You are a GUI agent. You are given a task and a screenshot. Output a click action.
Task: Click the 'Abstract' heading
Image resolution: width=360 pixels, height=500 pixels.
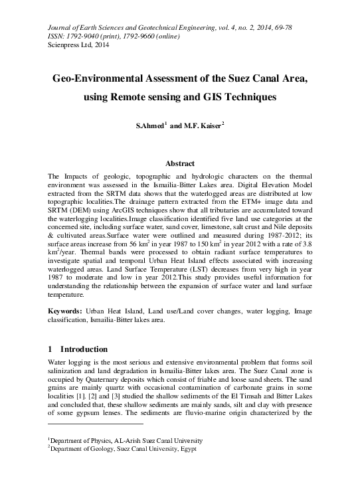(179, 163)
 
